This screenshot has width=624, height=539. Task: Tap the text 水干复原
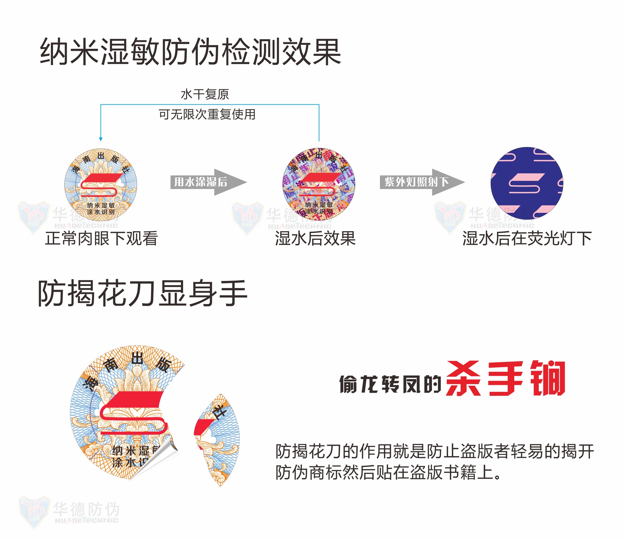click(x=205, y=95)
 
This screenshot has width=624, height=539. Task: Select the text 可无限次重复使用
click(x=207, y=114)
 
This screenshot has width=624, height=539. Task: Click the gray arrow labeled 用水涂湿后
click(x=208, y=182)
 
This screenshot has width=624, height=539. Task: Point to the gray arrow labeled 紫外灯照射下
click(x=422, y=182)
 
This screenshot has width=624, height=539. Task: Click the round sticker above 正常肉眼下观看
click(x=101, y=185)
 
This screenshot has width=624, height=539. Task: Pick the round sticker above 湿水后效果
click(x=319, y=184)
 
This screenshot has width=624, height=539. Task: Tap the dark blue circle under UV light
click(x=527, y=183)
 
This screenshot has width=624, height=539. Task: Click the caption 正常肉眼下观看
click(x=101, y=238)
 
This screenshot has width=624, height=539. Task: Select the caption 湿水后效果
click(x=315, y=238)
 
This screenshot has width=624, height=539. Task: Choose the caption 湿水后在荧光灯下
click(x=527, y=238)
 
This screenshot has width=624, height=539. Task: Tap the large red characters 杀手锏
click(x=506, y=378)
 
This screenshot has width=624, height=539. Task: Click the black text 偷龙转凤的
click(x=390, y=384)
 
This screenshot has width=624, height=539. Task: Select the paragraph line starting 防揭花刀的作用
click(x=435, y=451)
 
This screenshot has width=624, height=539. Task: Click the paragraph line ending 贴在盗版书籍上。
click(x=388, y=472)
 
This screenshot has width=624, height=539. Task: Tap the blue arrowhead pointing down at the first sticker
click(x=101, y=139)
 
